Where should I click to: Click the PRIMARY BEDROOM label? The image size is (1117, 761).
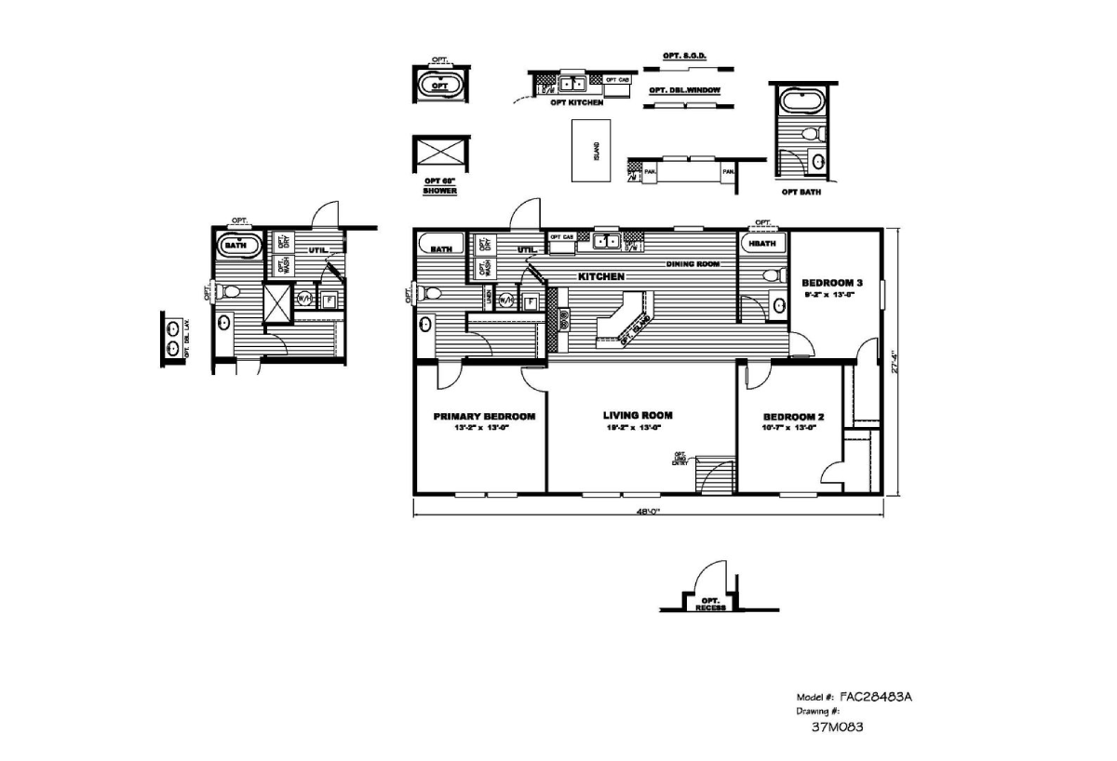(x=484, y=417)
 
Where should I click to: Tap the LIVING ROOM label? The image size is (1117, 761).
(x=638, y=416)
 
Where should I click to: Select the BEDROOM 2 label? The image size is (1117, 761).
(x=793, y=418)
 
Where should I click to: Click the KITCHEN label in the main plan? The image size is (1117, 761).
(x=600, y=277)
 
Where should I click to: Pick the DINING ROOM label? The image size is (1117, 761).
(x=693, y=264)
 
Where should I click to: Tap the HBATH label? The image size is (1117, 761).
(x=762, y=244)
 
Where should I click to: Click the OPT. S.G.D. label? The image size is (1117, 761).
(x=685, y=56)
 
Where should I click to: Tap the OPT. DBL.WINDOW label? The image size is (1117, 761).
(x=685, y=90)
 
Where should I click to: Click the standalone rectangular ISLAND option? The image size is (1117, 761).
(x=593, y=149)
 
